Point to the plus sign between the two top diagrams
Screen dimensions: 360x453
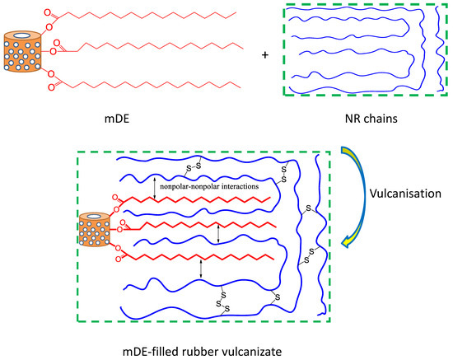tap(264, 55)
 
